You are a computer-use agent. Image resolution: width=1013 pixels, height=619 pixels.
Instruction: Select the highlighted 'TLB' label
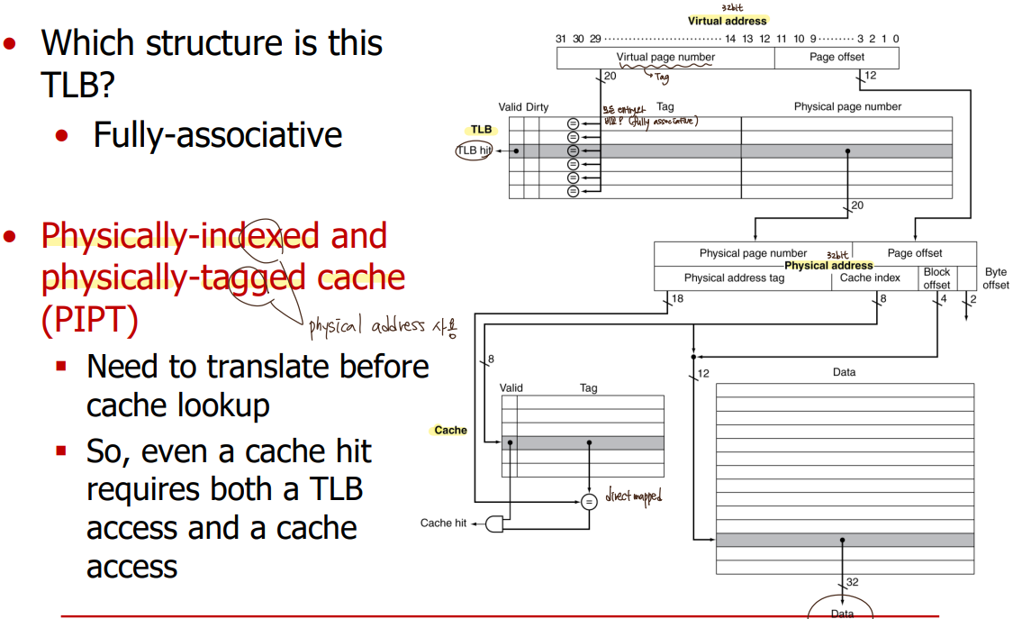coord(481,130)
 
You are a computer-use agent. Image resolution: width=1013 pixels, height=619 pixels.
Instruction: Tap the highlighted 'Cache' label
coord(450,430)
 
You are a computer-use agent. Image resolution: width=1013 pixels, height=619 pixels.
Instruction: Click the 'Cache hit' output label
coord(443,523)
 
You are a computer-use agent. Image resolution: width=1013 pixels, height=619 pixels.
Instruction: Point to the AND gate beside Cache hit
coord(494,523)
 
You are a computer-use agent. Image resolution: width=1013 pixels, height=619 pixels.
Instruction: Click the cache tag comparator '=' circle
coord(588,502)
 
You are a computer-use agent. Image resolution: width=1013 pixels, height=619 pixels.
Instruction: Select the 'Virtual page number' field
coord(665,57)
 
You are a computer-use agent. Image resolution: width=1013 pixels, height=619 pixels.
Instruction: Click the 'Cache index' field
coord(870,278)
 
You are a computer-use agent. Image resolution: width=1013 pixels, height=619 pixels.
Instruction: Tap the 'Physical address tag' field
coord(734,278)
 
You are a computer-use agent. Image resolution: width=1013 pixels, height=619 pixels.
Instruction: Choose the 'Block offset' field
coord(936,278)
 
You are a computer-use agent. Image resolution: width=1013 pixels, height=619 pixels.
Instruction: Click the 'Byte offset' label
coord(996,278)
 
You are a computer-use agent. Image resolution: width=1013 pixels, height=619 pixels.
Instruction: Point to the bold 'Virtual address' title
coord(727,21)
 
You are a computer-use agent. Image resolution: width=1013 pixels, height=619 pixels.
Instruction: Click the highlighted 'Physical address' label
coord(828,266)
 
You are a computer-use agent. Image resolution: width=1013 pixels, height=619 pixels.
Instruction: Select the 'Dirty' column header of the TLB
coord(538,107)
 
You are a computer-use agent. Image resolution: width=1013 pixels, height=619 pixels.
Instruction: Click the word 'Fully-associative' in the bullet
coord(218,135)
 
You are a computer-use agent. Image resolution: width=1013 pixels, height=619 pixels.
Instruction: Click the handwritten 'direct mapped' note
coord(633,496)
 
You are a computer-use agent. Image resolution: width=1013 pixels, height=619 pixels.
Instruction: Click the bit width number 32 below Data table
coord(852,582)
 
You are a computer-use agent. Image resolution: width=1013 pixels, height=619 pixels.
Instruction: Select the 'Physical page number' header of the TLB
coord(847,106)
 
